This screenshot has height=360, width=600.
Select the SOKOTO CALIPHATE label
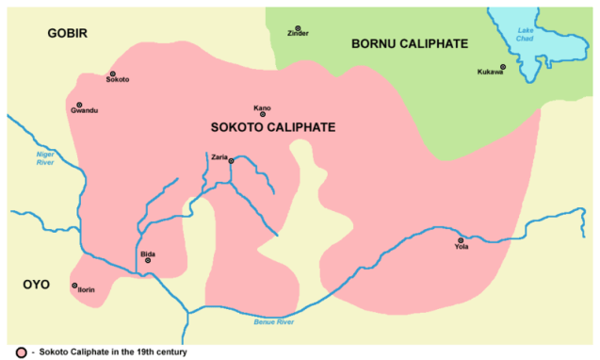[273, 127]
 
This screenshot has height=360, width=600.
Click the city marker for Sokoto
[113, 73]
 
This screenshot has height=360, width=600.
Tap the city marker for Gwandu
[79, 105]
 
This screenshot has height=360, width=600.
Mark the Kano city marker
[263, 114]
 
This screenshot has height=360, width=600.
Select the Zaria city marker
[231, 160]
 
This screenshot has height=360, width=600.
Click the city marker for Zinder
[298, 28]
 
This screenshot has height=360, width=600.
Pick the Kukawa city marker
[503, 66]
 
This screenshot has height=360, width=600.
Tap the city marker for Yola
[461, 240]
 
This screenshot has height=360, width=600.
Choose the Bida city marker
[148, 260]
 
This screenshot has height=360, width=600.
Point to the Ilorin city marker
[74, 285]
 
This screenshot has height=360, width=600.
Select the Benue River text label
[274, 322]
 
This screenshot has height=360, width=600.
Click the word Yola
[461, 247]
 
